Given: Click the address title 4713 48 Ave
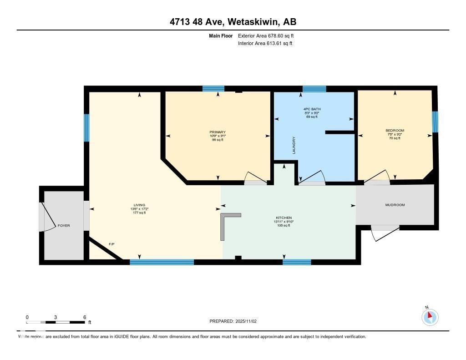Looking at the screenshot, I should pos(233,22).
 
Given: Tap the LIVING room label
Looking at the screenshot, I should pos(139,205).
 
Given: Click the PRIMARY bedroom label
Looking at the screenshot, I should pos(218,132).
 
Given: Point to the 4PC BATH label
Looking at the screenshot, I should pos(312,109).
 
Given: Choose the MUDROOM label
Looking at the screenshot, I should pos(395,205).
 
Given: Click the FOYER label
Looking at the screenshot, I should pos(64,226).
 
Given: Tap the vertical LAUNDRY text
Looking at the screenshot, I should pos(294,146).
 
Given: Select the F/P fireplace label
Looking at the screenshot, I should pos(111,245).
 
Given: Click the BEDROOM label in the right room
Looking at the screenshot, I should pos(395,131).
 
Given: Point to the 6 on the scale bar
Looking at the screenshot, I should pos(85,317).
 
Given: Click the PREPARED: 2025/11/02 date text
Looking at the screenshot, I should pos(233,321).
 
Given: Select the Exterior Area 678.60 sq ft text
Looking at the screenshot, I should pos(269,35).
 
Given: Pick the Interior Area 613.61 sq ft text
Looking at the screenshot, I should pos(265,44).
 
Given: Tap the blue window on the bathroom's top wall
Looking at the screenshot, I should pos(314,89).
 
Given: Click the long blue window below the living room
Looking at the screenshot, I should pos(162,262).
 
